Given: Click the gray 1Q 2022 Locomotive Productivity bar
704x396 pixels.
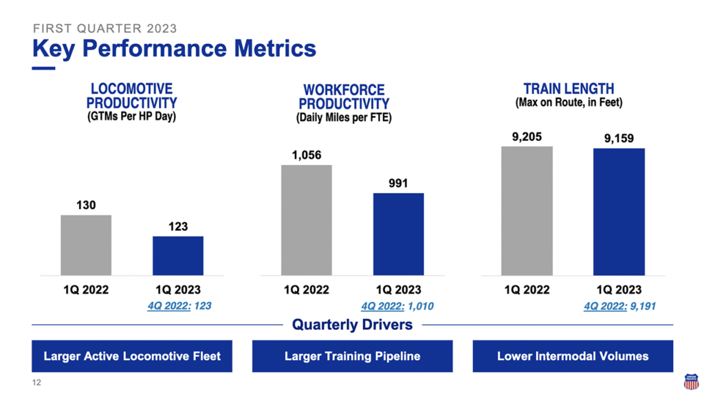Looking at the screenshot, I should [86, 245].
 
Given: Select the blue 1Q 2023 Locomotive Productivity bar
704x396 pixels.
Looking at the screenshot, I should [178, 256].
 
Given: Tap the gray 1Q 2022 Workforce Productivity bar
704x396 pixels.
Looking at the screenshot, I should [307, 220].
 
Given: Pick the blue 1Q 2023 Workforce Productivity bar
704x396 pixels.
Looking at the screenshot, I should [398, 234].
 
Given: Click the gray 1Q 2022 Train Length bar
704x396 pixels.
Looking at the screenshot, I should [527, 211].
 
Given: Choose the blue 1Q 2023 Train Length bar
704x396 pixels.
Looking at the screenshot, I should [619, 212].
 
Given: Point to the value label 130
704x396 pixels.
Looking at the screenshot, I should [86, 205].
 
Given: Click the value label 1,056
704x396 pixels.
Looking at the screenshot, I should [307, 155].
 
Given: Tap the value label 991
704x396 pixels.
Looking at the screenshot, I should [398, 184].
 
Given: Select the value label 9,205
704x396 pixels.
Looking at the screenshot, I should [527, 137].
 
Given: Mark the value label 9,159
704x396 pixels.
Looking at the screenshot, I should [619, 139].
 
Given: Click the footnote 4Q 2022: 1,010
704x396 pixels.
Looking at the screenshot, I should [397, 306].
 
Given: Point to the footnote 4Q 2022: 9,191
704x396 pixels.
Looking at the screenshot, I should [619, 306].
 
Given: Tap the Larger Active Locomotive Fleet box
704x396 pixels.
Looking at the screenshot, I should [132, 356].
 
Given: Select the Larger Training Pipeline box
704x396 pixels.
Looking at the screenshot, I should [352, 356].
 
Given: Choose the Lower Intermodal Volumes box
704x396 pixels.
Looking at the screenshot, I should [573, 356].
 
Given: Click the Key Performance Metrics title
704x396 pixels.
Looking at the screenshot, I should [174, 49].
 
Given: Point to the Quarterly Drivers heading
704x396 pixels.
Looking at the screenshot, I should [352, 324].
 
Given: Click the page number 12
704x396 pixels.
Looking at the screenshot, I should [36, 382].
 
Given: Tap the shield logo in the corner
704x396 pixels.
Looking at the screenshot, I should [690, 382].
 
